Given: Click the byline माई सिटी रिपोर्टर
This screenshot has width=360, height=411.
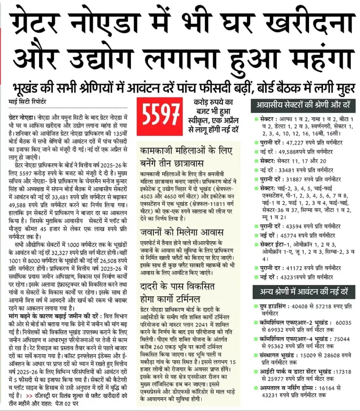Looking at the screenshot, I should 27,102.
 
